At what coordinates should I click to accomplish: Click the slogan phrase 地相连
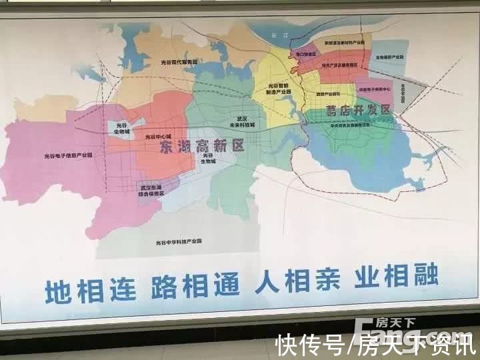(x=90, y=289)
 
